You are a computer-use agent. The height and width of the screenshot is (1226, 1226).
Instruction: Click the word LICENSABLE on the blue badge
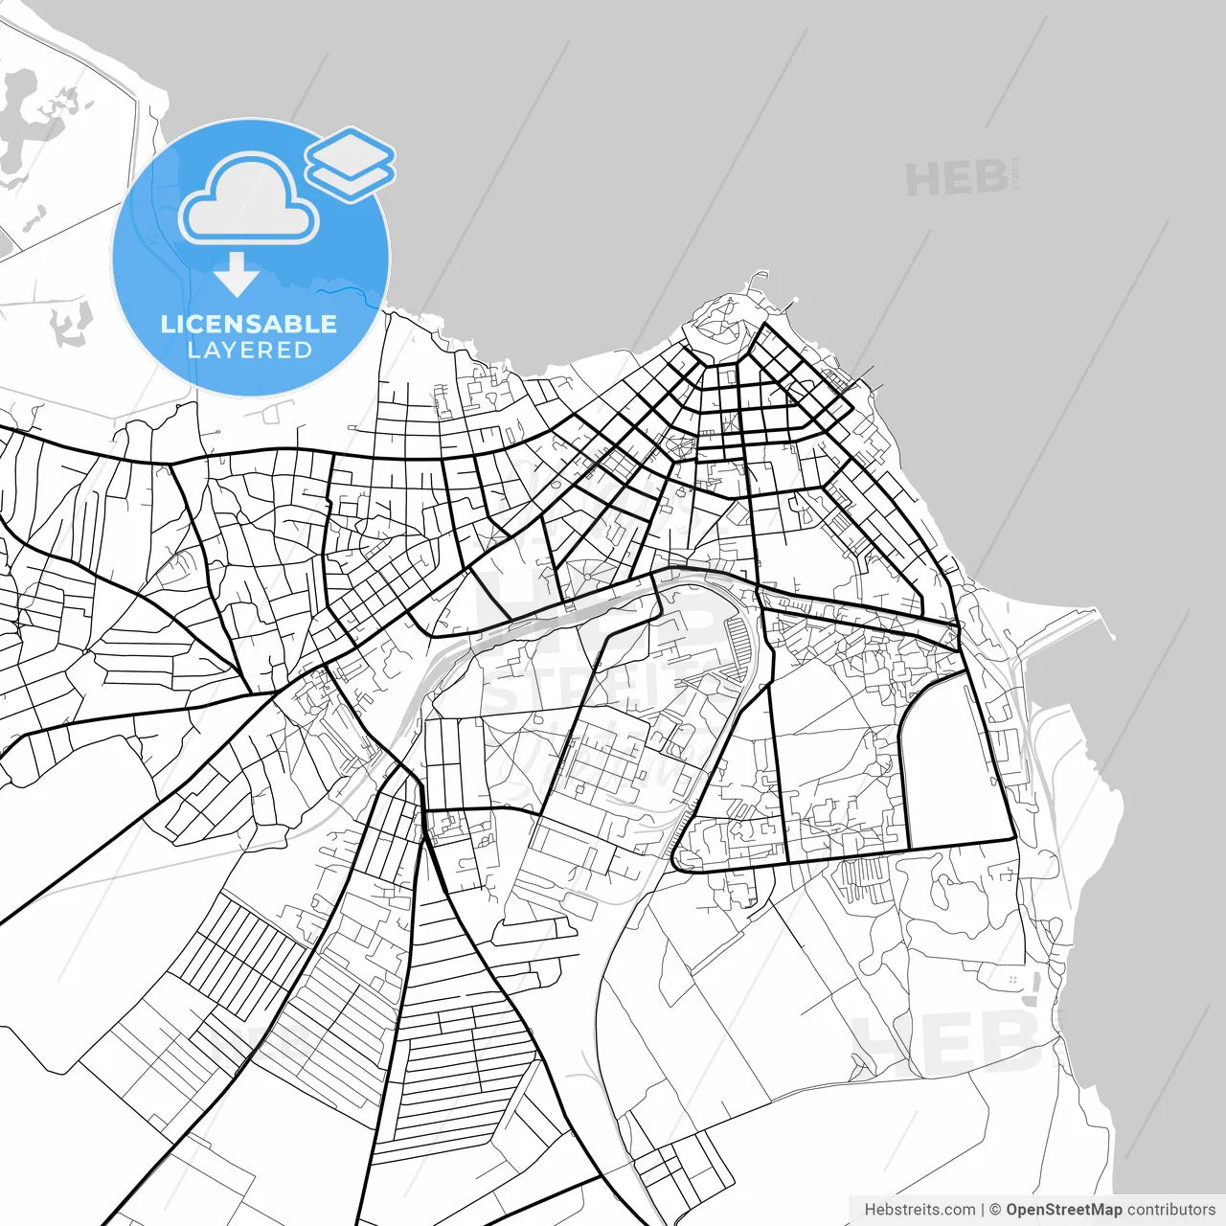249,324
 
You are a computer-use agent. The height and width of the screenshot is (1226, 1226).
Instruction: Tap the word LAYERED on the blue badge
249,351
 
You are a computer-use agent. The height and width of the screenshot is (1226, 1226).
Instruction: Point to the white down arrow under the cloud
237,276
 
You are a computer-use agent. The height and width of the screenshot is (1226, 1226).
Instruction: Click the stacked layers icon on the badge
351,164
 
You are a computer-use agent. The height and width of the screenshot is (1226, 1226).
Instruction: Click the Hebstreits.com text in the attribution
919,1210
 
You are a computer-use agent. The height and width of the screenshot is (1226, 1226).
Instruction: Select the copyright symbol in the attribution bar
995,1210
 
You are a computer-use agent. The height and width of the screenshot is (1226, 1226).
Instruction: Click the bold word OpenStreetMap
1063,1210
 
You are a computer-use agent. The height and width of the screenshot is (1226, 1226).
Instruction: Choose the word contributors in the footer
1170,1210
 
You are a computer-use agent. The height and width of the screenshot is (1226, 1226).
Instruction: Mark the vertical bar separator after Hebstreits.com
983,1210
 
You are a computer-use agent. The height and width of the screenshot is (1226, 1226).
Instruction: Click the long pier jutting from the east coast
1063,627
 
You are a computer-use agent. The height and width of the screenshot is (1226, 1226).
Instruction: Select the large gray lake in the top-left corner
24,115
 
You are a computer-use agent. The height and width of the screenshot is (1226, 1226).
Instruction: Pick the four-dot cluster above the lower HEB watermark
1012,980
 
